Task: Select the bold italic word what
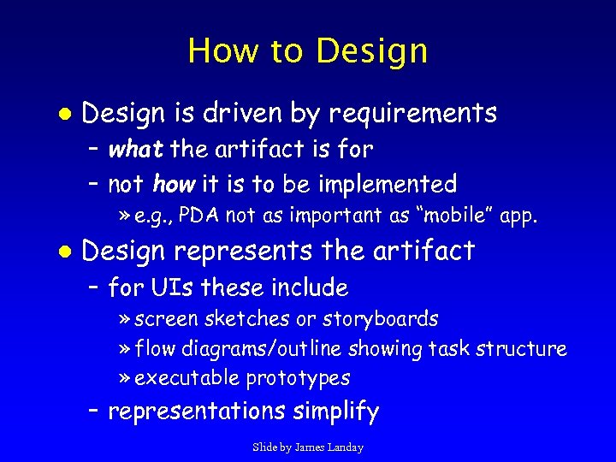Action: click(136, 150)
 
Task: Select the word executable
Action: click(187, 378)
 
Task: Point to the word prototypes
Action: click(298, 378)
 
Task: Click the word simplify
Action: click(335, 412)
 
